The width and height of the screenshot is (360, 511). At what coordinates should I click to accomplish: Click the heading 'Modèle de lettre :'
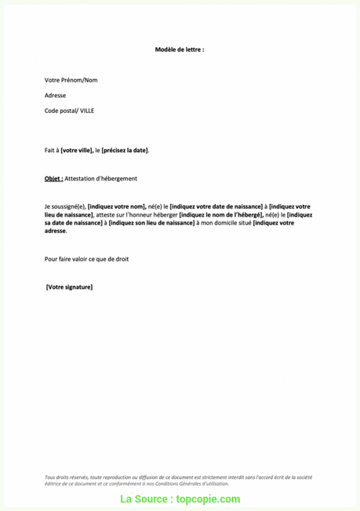coord(180,49)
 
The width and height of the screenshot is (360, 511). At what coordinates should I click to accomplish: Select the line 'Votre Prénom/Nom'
coord(71,80)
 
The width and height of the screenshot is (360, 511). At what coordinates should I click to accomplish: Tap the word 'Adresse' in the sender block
coord(56,95)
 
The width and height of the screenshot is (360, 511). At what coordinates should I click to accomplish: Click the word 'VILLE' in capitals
coord(85,111)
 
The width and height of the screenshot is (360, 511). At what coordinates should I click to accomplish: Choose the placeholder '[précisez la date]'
coord(125,150)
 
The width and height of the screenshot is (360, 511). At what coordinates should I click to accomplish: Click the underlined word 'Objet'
coord(53,179)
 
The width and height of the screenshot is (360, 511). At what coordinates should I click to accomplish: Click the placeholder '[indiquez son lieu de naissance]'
coord(144,223)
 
